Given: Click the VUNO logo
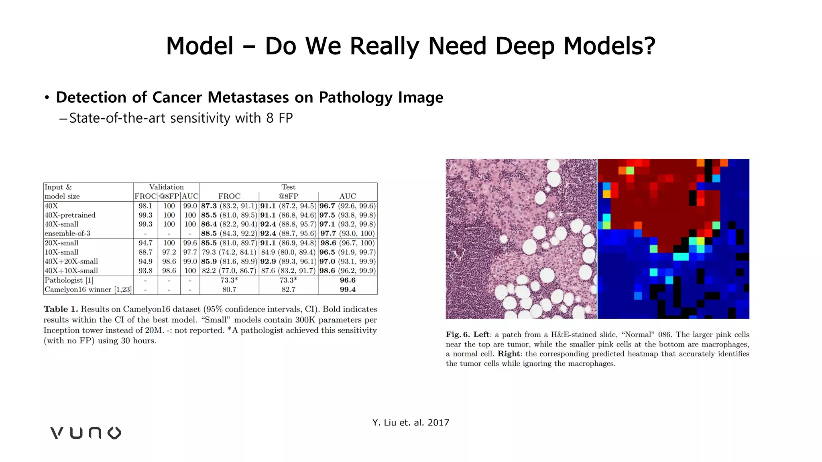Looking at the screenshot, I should [85, 433].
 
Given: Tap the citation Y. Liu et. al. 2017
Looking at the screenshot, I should [411, 422].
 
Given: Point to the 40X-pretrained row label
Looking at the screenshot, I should [70, 215].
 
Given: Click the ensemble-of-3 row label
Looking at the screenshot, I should [67, 233].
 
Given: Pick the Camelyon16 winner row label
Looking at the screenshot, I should [88, 290].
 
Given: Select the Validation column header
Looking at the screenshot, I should [166, 187].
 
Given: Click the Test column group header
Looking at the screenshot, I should [288, 187].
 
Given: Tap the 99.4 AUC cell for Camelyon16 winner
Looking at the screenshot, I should [348, 290].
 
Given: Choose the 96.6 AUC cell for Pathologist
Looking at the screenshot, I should [348, 280].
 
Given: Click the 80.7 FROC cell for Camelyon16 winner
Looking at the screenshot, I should [229, 290].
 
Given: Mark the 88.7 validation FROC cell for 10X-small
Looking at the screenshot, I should [145, 252].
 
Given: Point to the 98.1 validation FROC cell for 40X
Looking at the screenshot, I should [145, 206].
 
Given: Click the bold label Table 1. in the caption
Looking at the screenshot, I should [61, 309].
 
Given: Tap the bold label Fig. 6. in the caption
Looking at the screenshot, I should [458, 334].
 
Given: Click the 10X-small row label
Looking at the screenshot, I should [61, 252].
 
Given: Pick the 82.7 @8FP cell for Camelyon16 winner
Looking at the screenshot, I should [288, 290].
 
